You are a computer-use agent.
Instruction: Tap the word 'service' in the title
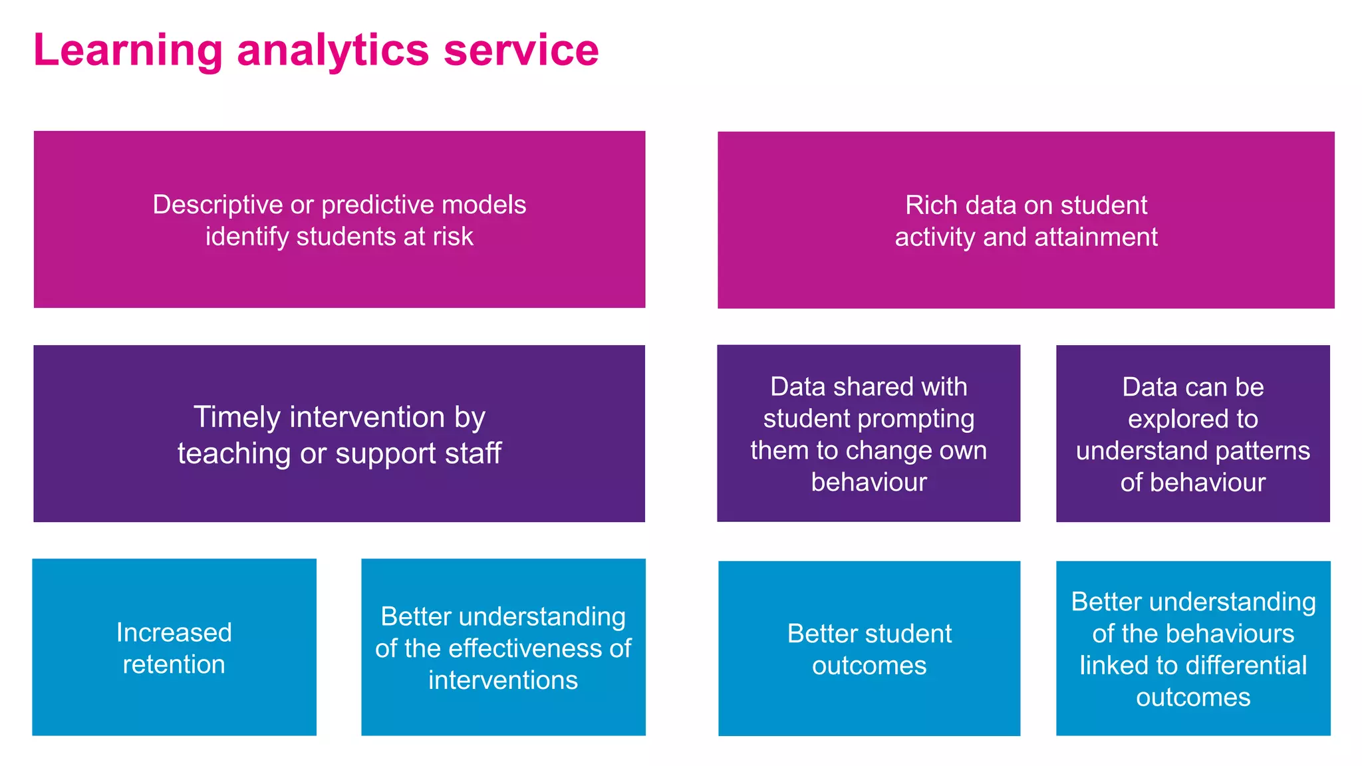(521, 51)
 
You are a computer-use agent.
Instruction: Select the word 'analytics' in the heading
(333, 51)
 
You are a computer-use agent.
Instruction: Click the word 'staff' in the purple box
(473, 453)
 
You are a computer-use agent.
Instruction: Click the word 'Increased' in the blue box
(174, 632)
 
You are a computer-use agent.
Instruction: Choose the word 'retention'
(174, 664)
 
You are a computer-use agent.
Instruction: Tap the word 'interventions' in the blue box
(503, 680)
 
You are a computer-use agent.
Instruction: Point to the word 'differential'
(1238, 666)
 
